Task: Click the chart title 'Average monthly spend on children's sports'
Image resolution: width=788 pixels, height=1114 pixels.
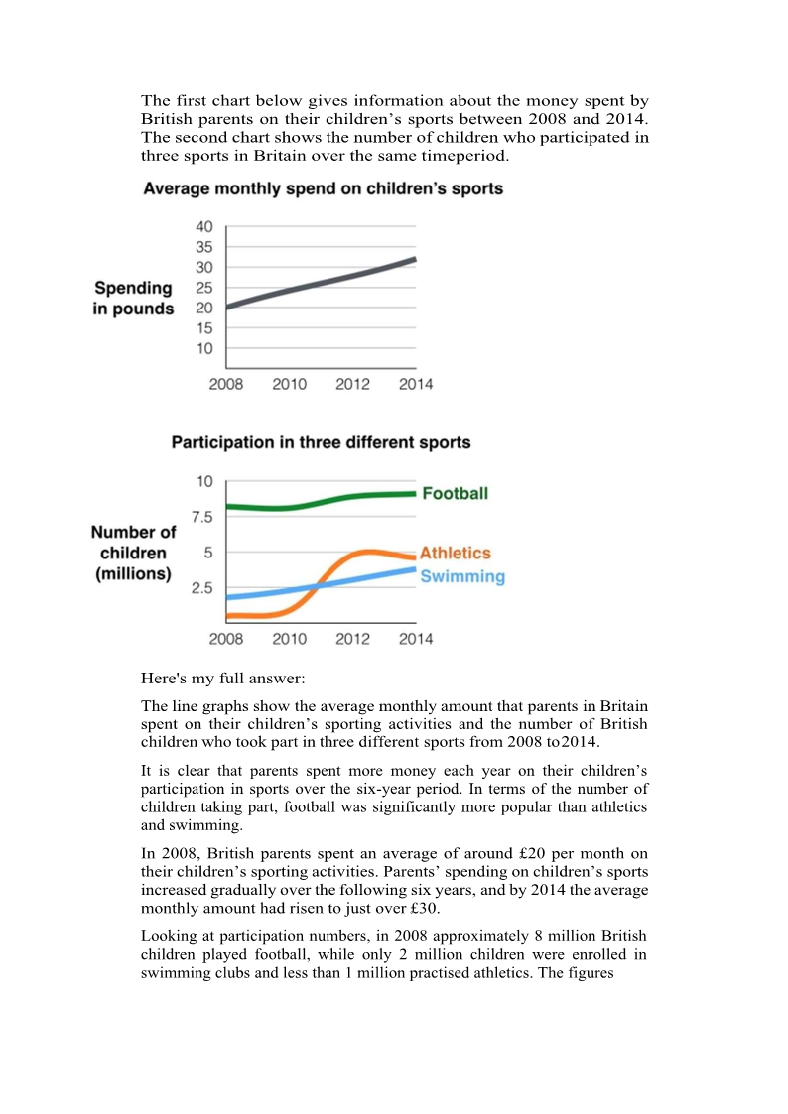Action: (x=323, y=188)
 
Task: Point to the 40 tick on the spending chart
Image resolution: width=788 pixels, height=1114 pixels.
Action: (x=203, y=227)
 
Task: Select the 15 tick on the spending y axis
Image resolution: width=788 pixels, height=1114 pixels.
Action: (x=203, y=328)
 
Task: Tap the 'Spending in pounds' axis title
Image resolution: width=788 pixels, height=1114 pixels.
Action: (x=133, y=299)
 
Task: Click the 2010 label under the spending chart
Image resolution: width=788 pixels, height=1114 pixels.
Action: (x=289, y=384)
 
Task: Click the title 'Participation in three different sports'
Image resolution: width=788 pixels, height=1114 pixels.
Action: (x=321, y=442)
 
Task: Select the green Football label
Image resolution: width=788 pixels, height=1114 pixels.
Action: (x=455, y=493)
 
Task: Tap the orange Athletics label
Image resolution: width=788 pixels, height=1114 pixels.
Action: (x=455, y=553)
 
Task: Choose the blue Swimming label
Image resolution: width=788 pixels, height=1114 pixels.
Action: (x=462, y=576)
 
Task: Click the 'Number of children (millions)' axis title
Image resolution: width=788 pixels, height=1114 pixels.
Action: (x=133, y=553)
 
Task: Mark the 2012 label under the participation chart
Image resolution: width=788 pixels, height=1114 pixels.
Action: (x=352, y=639)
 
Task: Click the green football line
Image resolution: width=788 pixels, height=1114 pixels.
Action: (x=298, y=506)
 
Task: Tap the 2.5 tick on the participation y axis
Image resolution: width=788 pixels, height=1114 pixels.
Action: (x=201, y=588)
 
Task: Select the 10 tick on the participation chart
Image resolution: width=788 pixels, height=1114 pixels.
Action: (x=203, y=482)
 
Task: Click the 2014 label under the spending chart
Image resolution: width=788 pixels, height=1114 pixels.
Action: (x=416, y=384)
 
